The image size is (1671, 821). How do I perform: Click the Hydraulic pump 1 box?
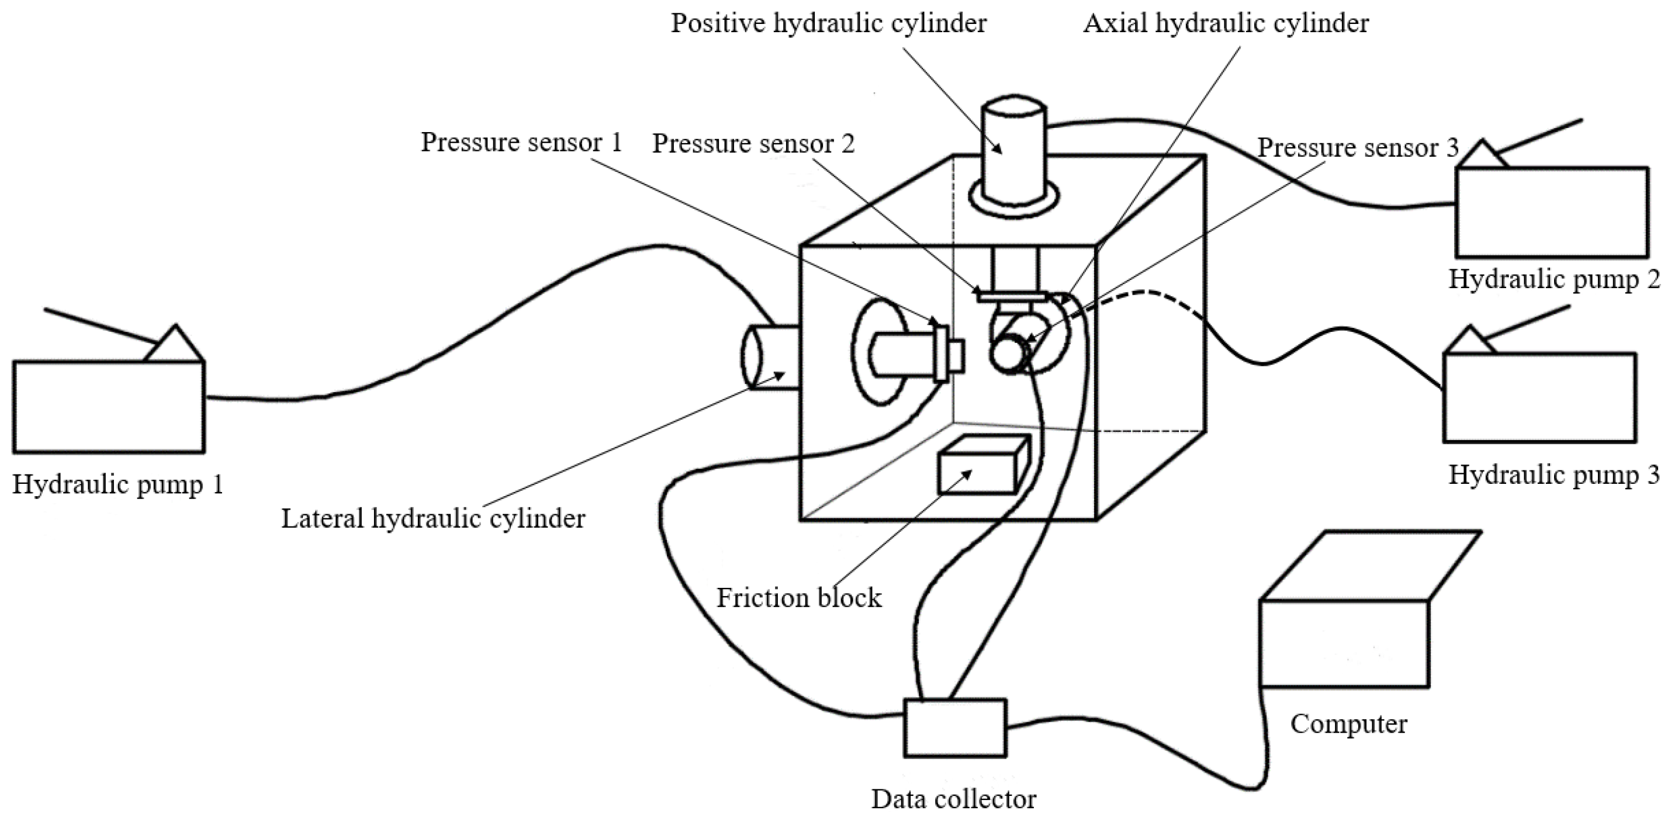(109, 407)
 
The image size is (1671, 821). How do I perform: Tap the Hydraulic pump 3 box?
(1539, 397)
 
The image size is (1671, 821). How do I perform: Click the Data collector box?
(955, 728)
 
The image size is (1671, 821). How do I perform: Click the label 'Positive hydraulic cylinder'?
(828, 24)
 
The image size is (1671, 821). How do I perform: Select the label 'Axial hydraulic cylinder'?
(1226, 24)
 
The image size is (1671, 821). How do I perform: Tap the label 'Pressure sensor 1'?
(521, 142)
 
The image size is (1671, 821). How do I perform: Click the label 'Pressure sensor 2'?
(753, 143)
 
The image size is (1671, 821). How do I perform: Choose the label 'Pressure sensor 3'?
(1358, 148)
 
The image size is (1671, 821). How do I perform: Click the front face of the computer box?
(1344, 643)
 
